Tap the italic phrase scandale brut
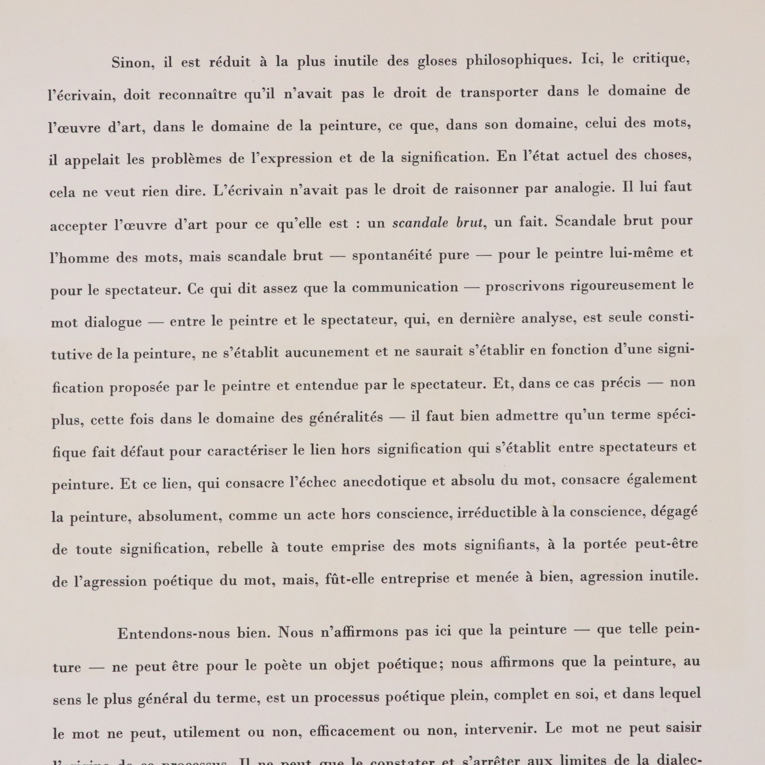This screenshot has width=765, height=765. coord(438,223)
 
